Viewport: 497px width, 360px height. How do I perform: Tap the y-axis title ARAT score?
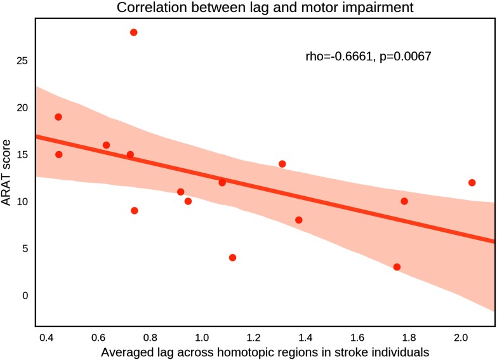click(8, 173)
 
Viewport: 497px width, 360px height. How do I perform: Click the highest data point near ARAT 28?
click(133, 32)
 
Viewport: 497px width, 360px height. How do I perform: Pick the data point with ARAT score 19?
click(58, 117)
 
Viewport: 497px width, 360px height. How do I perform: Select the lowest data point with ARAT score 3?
click(397, 267)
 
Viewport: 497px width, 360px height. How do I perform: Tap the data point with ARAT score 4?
click(232, 257)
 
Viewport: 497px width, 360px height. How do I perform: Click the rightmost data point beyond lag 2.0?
click(472, 182)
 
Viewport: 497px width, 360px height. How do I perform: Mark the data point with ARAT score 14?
click(282, 164)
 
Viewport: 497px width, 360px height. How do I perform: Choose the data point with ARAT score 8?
click(298, 220)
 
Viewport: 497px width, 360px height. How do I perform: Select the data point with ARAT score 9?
click(134, 210)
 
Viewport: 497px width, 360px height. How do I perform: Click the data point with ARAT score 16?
click(106, 145)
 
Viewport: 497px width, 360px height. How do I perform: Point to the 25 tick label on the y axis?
click(22, 61)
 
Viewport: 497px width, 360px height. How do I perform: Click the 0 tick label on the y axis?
click(25, 295)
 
